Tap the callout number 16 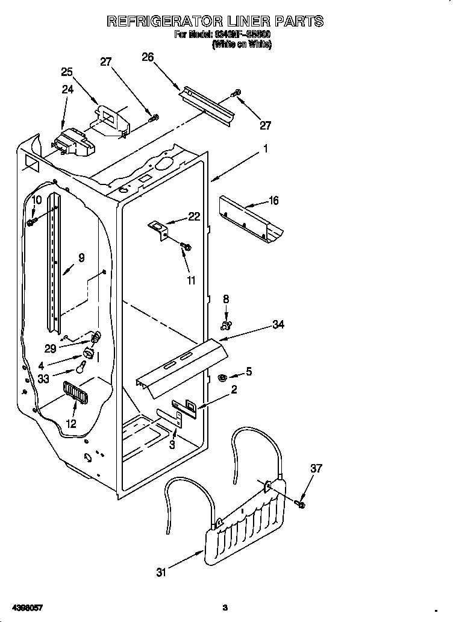point(273,201)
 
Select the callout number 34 point(278,325)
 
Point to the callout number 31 point(161,573)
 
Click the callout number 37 point(317,468)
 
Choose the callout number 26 point(148,57)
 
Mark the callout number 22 point(194,217)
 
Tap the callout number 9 point(81,257)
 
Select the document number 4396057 point(26,607)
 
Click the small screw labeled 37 point(301,503)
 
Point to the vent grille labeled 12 point(75,394)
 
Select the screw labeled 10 point(31,222)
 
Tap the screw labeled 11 point(186,246)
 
